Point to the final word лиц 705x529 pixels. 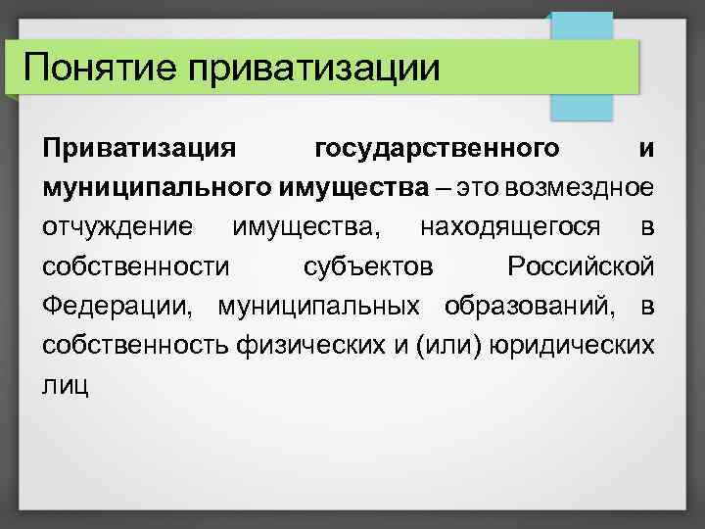tap(65, 384)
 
